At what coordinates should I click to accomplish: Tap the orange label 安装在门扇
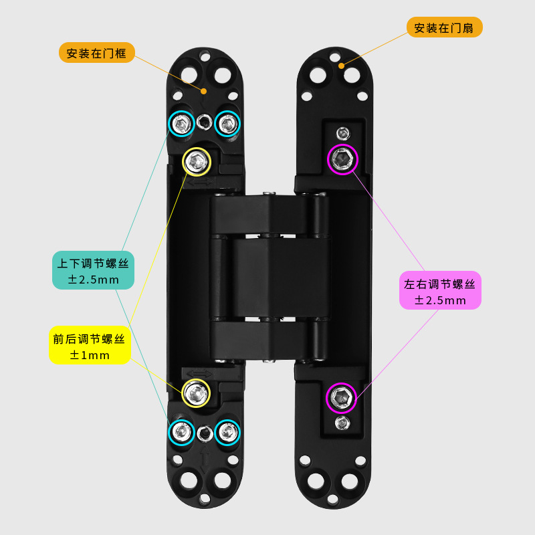(x=444, y=27)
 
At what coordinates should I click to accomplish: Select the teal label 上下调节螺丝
(x=94, y=270)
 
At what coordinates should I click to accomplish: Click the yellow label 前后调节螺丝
(x=90, y=345)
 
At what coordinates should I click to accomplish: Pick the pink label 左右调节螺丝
(x=440, y=291)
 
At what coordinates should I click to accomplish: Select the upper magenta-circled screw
(x=343, y=158)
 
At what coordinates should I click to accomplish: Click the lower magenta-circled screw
(x=342, y=399)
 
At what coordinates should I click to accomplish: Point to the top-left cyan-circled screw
(x=181, y=123)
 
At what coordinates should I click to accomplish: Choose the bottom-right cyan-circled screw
(x=227, y=433)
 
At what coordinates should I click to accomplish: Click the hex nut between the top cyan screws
(x=205, y=122)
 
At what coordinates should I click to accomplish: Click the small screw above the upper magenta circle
(x=342, y=132)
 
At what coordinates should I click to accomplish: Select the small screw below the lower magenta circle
(x=342, y=423)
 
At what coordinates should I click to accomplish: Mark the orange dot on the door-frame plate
(x=204, y=90)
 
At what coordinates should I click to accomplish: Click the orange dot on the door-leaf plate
(x=341, y=66)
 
